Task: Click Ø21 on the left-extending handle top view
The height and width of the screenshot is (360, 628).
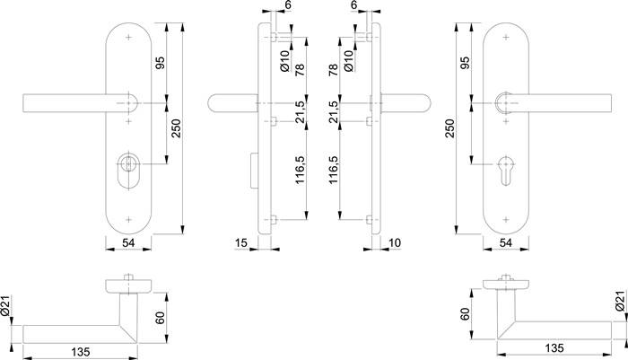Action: [7, 309]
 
